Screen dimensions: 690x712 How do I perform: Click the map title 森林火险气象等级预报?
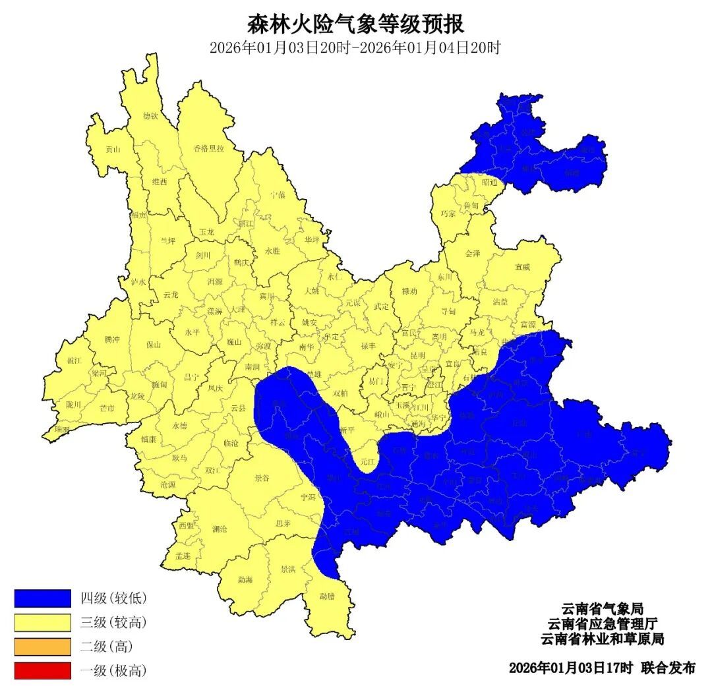[x=355, y=24]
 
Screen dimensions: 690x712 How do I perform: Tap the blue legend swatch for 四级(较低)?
[x=42, y=598]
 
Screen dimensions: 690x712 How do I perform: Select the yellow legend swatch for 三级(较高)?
[x=42, y=623]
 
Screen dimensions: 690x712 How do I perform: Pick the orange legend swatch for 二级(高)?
[x=42, y=647]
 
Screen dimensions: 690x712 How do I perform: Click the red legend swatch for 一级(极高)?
[x=42, y=671]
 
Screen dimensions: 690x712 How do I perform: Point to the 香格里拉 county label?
[x=208, y=148]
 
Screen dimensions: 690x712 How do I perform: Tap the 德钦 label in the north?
[x=151, y=116]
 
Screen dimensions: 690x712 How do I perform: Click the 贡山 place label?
[x=113, y=150]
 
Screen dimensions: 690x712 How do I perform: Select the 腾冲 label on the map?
[x=112, y=339]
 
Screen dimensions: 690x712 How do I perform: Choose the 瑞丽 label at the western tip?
[x=61, y=429]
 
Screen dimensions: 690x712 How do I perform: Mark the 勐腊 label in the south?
[x=327, y=596]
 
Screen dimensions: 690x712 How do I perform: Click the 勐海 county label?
[x=245, y=580]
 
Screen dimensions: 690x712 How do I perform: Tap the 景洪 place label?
[x=288, y=569]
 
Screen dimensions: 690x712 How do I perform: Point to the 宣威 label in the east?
[x=522, y=267]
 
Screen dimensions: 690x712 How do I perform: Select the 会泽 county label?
[x=473, y=253]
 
